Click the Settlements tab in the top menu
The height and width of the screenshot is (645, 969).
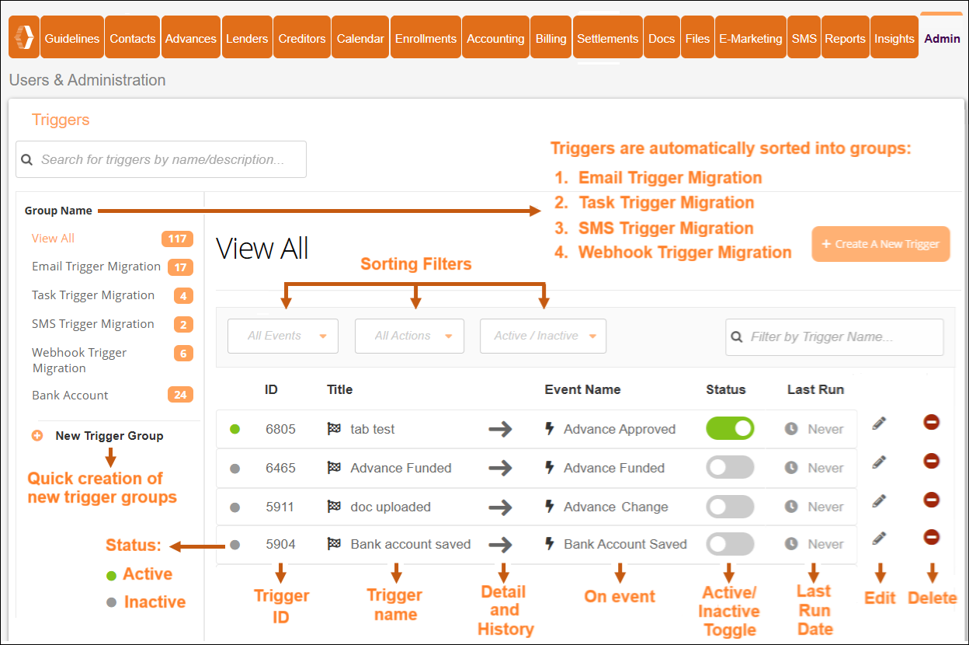click(607, 38)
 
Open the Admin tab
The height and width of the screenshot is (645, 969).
click(942, 38)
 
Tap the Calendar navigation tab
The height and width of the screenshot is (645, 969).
click(360, 38)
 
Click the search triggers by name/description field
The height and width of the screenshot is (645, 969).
click(161, 159)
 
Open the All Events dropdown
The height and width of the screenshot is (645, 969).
click(283, 336)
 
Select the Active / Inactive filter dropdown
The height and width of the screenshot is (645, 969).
click(543, 336)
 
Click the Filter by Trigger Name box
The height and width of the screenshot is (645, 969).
click(835, 337)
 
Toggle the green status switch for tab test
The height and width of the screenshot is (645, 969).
click(730, 428)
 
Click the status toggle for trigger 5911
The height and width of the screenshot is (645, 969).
click(730, 507)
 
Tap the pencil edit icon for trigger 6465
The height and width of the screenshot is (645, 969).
click(879, 462)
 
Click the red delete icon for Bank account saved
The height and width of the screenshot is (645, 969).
click(932, 537)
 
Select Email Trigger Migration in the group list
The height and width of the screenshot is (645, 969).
click(96, 267)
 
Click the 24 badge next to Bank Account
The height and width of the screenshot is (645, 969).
click(180, 395)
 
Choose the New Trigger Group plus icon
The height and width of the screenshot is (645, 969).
click(37, 436)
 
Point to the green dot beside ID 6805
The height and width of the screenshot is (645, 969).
click(235, 429)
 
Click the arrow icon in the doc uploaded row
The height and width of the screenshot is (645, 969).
click(501, 507)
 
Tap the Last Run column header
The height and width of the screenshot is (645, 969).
click(815, 389)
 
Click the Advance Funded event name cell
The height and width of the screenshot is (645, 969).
click(613, 468)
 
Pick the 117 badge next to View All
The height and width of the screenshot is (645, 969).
click(177, 239)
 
